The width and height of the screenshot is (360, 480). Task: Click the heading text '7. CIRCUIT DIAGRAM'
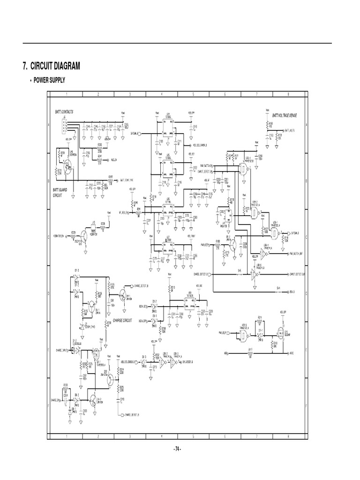(x=52, y=66)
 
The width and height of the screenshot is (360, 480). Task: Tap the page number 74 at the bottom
(x=177, y=449)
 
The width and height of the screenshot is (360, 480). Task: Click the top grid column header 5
(x=193, y=94)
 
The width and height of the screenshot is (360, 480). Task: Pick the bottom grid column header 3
(x=130, y=436)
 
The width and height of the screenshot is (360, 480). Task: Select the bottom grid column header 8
(x=287, y=436)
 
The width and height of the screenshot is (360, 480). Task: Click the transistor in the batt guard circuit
(x=67, y=165)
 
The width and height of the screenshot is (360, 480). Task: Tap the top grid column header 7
(x=256, y=94)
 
